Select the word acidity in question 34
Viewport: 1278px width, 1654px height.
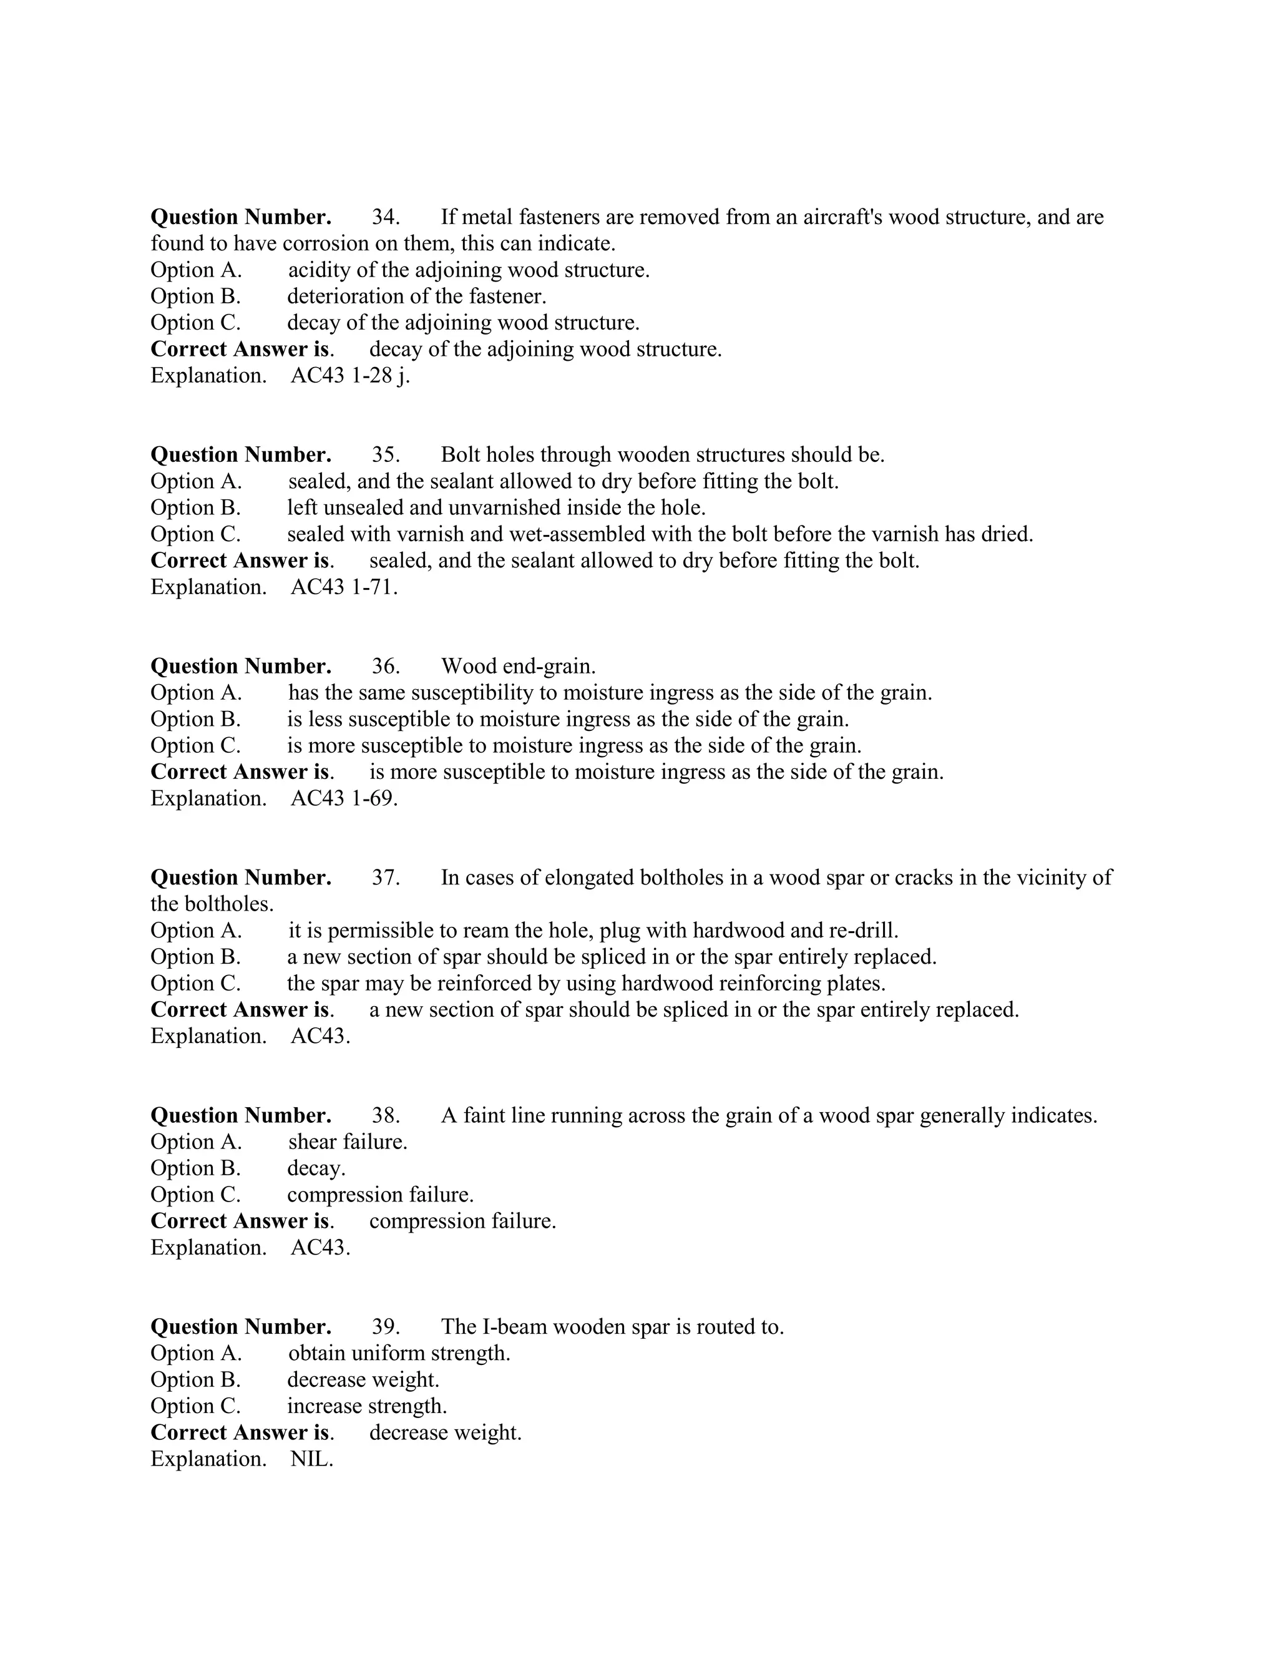point(316,270)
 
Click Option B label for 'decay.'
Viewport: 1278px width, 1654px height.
point(195,1168)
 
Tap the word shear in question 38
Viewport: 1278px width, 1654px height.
point(312,1142)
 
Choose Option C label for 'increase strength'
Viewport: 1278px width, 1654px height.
point(195,1406)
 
